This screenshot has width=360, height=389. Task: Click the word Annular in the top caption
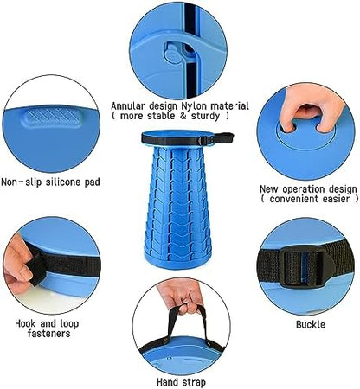tap(129, 106)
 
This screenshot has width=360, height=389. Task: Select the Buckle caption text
tap(311, 325)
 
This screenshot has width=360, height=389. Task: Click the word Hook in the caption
tap(26, 323)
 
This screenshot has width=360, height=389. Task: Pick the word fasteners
tap(48, 334)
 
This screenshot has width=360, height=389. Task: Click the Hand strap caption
tap(181, 382)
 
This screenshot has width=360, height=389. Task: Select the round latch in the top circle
tap(173, 54)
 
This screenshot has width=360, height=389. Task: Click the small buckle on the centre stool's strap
tap(202, 141)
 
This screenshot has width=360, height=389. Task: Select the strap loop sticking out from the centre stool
tap(222, 137)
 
